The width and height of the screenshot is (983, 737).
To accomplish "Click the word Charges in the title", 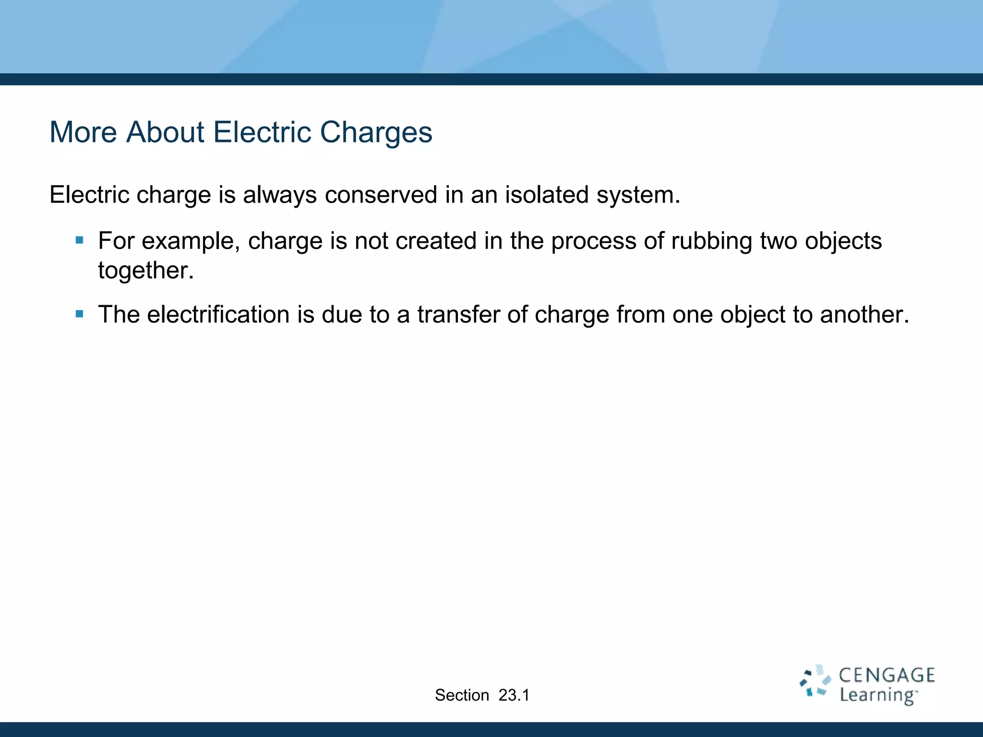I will tap(376, 132).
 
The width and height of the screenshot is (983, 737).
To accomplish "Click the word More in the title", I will tap(83, 132).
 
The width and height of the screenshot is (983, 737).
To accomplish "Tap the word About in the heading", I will tap(165, 132).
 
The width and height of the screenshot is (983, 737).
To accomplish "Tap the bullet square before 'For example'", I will tap(80, 240).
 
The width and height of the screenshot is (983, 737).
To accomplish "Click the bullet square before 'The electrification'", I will tap(80, 314).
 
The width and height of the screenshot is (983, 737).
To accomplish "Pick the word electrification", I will tap(218, 315).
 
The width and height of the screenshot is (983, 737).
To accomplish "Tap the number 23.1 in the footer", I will tap(514, 695).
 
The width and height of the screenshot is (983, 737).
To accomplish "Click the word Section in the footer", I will tap(462, 695).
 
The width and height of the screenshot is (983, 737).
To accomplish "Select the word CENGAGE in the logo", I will tap(887, 675).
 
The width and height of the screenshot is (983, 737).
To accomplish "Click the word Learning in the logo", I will tap(877, 695).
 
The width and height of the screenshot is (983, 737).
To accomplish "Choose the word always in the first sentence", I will tap(279, 195).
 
